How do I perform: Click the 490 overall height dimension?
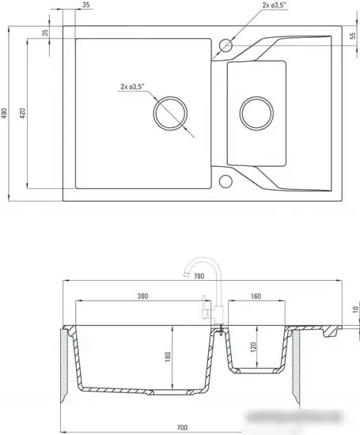pos(4,113)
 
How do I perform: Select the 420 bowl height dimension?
pos(23,113)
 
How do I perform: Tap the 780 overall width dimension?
pos(199,276)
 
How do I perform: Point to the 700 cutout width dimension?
pos(182,428)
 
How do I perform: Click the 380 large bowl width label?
pos(142,296)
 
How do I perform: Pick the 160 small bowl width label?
pos(256,296)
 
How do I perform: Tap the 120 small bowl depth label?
pos(253,347)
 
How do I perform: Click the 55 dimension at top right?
pos(353,36)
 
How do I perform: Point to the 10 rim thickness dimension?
pos(355,309)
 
